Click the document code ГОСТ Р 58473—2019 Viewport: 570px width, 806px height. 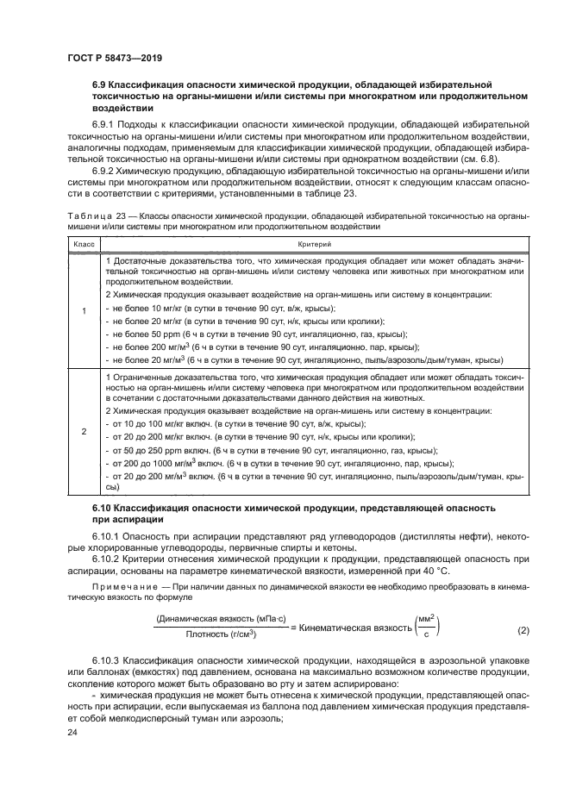click(115, 58)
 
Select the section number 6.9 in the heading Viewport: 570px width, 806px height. click(102, 86)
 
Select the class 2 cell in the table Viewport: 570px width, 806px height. click(83, 431)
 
